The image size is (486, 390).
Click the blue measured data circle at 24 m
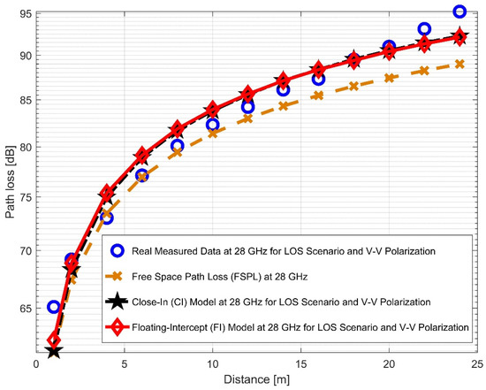click(x=459, y=11)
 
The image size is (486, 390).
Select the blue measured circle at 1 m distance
click(x=54, y=307)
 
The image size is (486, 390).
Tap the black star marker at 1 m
click(x=54, y=351)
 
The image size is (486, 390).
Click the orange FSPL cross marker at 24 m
click(x=459, y=64)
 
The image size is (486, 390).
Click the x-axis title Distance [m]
click(x=256, y=380)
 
